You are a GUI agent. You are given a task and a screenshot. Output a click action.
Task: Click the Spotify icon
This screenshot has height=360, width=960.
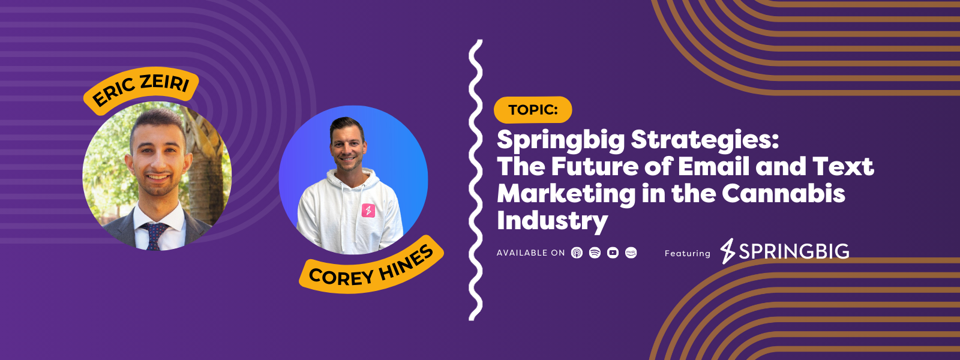click(x=595, y=253)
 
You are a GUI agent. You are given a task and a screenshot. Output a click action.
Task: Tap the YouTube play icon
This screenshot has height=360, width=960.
click(x=613, y=253)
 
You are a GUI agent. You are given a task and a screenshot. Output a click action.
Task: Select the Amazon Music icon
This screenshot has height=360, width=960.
click(x=631, y=253)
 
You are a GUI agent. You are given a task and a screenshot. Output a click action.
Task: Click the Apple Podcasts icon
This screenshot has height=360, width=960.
click(x=577, y=253)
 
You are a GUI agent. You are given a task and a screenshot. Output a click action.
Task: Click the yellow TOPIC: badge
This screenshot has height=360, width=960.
click(x=533, y=110)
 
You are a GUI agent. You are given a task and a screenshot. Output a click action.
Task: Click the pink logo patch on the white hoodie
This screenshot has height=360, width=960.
click(x=368, y=211)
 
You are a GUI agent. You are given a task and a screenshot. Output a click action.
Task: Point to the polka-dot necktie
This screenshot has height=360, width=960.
click(x=154, y=236)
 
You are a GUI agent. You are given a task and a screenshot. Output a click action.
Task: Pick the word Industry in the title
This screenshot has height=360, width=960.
click(x=553, y=221)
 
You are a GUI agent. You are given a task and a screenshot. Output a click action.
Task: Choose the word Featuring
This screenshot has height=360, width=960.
click(x=688, y=253)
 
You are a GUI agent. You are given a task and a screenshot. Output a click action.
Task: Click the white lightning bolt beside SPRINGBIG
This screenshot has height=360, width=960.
click(x=728, y=251)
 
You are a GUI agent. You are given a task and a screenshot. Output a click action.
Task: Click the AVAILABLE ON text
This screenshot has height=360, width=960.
click(x=530, y=253)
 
